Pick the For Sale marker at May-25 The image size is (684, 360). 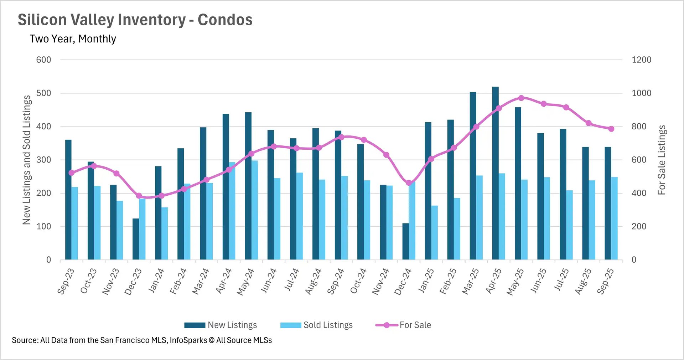point(521,98)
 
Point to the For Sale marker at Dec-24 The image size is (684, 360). point(409,183)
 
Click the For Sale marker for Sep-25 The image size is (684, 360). point(611,129)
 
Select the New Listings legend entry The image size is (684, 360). point(221,325)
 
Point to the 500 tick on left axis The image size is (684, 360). point(43,93)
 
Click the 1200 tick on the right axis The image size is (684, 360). point(641,60)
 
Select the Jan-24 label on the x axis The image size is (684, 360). point(156,281)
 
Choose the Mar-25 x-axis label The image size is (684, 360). point(471,281)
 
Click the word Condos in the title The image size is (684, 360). point(225,20)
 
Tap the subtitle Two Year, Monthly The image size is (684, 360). point(73,39)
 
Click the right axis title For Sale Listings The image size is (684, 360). point(662,160)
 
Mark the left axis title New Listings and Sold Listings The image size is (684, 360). point(27,160)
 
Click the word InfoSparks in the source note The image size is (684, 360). point(188,340)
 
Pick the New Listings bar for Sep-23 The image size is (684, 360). point(68,200)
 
